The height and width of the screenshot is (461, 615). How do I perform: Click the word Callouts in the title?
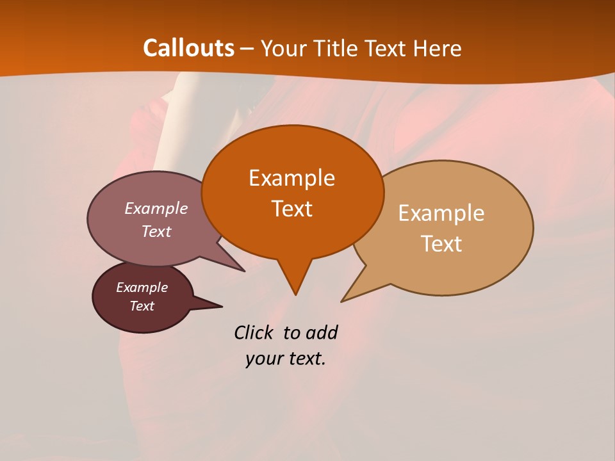pyautogui.click(x=188, y=48)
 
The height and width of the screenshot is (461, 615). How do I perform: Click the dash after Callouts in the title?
pyautogui.click(x=247, y=49)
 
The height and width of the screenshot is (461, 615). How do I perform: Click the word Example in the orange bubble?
pyautogui.click(x=291, y=178)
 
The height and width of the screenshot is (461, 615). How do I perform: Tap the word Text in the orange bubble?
pyautogui.click(x=291, y=209)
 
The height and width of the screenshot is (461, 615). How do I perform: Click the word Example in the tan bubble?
pyautogui.click(x=441, y=213)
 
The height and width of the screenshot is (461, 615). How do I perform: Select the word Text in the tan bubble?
pyautogui.click(x=441, y=244)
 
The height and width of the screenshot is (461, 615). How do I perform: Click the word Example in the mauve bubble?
pyautogui.click(x=156, y=208)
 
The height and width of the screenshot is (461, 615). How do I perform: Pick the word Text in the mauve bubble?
pyautogui.click(x=156, y=231)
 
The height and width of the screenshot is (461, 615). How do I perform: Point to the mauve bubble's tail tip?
pyautogui.click(x=243, y=270)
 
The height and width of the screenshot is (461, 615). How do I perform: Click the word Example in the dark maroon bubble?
pyautogui.click(x=142, y=287)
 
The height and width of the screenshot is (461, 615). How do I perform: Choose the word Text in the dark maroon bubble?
pyautogui.click(x=142, y=306)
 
